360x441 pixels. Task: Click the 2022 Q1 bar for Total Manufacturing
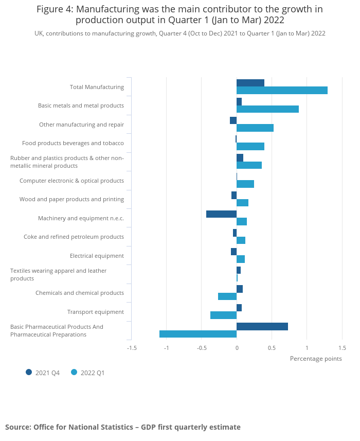pos(282,91)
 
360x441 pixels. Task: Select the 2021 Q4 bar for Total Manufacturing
pos(250,83)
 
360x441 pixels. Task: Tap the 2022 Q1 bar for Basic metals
pos(267,109)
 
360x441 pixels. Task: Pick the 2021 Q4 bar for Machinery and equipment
pos(221,214)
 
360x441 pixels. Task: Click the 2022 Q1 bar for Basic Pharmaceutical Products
pos(198,334)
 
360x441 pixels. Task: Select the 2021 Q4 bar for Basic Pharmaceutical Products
pos(262,326)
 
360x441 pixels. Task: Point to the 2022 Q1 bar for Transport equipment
pos(223,315)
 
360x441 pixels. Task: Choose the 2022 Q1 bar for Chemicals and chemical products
pos(227,296)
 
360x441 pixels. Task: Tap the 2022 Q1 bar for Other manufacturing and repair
pos(255,128)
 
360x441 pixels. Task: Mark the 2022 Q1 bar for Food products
pos(250,147)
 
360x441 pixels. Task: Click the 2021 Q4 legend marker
pos(29,372)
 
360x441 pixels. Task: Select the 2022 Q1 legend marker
pos(74,372)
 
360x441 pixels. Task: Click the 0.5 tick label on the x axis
pos(272,348)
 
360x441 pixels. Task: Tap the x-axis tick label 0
pos(237,348)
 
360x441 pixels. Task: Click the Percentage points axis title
pos(316,359)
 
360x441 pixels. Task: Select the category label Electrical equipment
pos(97,256)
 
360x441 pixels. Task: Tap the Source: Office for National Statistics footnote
pos(123,427)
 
